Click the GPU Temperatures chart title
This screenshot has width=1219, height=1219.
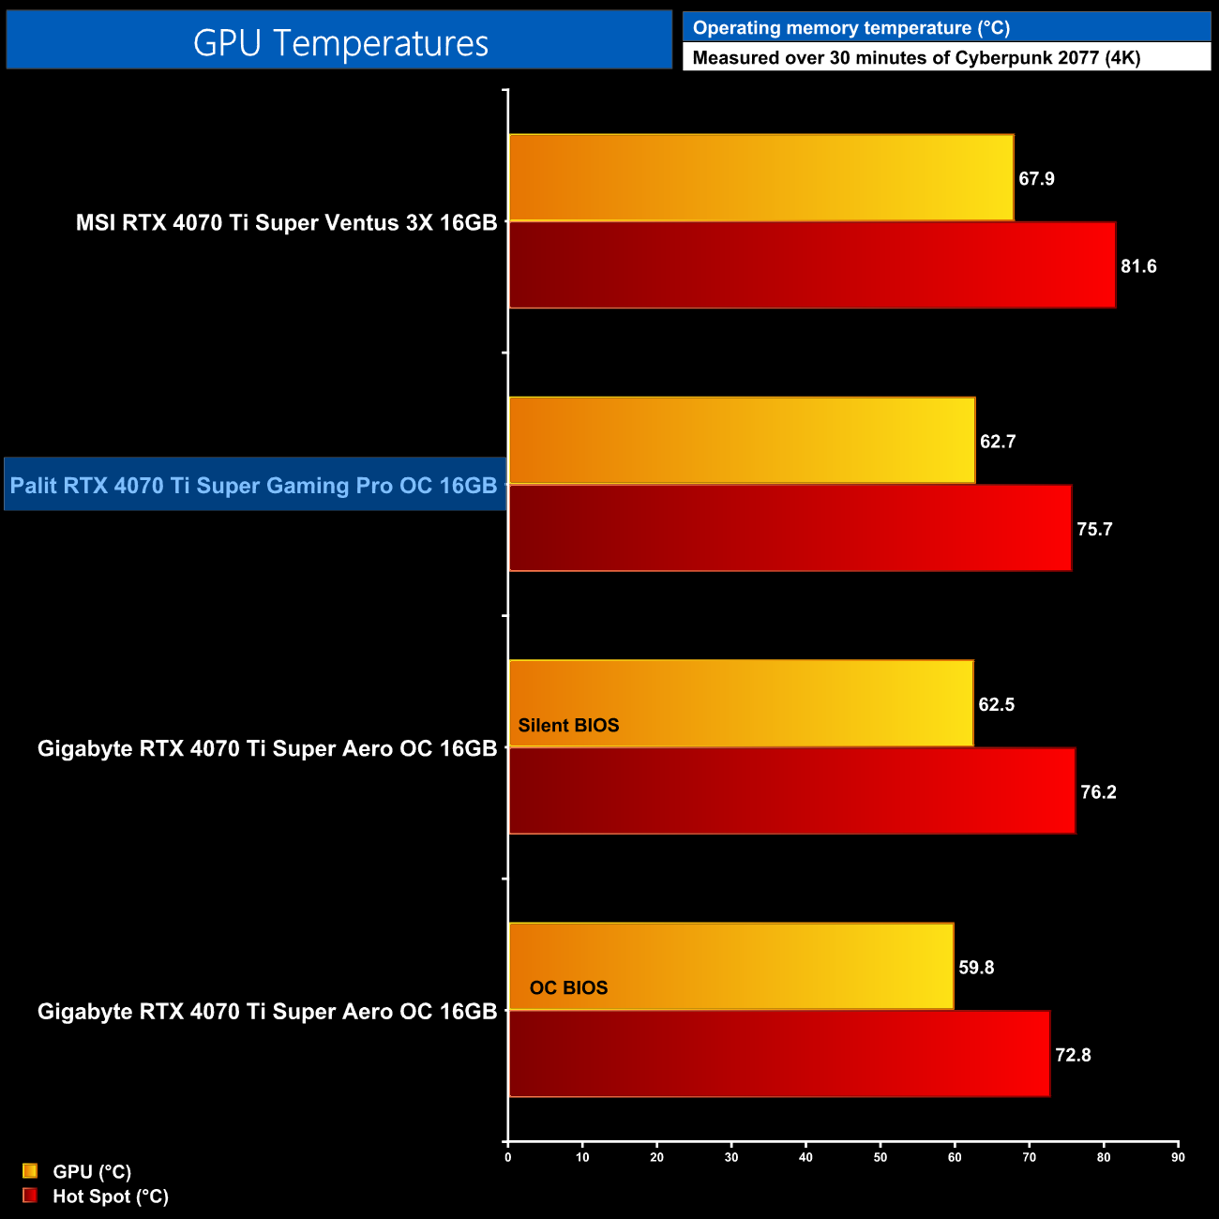tap(339, 43)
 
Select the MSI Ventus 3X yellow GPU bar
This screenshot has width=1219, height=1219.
tap(760, 177)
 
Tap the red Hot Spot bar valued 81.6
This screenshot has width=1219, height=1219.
tap(812, 265)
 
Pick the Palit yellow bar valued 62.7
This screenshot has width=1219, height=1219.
tap(742, 441)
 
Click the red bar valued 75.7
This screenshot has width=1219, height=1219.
tap(790, 528)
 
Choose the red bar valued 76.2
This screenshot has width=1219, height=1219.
tap(791, 790)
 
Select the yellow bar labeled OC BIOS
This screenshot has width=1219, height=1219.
tap(730, 966)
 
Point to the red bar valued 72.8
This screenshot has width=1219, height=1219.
tap(779, 1054)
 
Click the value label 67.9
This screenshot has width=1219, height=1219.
tap(1036, 179)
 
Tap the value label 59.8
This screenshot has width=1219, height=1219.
tap(976, 968)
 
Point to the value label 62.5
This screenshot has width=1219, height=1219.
tap(996, 705)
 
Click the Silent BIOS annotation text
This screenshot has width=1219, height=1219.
tap(568, 726)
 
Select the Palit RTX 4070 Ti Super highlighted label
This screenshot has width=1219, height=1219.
tap(254, 485)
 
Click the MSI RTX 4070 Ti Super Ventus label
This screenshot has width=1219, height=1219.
tap(286, 223)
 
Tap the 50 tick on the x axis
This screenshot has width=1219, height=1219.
tap(880, 1157)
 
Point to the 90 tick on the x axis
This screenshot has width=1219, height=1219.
tap(1178, 1157)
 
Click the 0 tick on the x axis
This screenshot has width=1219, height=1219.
tap(508, 1157)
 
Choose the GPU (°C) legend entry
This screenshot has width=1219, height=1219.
tap(91, 1172)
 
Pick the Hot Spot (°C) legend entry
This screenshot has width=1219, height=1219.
tap(110, 1196)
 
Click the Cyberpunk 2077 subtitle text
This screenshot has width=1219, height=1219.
tap(916, 58)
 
